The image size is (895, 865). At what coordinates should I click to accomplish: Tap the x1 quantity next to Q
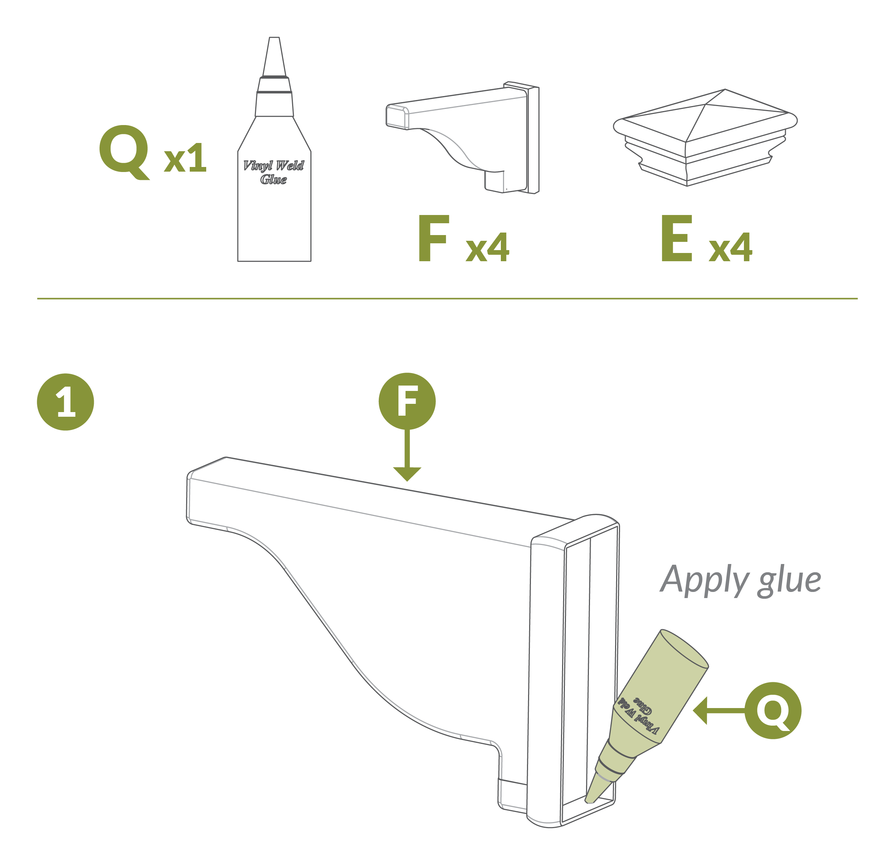pos(185,158)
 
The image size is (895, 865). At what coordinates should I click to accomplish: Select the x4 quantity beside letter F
pos(487,247)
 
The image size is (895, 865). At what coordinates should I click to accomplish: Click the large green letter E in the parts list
pos(677,239)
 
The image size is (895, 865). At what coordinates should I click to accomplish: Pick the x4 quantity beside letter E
pos(731,247)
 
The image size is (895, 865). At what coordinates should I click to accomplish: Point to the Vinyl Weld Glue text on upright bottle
pos(274,172)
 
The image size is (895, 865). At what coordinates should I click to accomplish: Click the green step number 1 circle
pos(65,402)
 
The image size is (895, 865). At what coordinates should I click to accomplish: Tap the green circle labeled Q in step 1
pos(773,711)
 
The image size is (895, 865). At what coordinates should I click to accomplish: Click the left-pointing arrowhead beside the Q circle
pos(700,711)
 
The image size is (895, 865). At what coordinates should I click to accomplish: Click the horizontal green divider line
pos(447,298)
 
